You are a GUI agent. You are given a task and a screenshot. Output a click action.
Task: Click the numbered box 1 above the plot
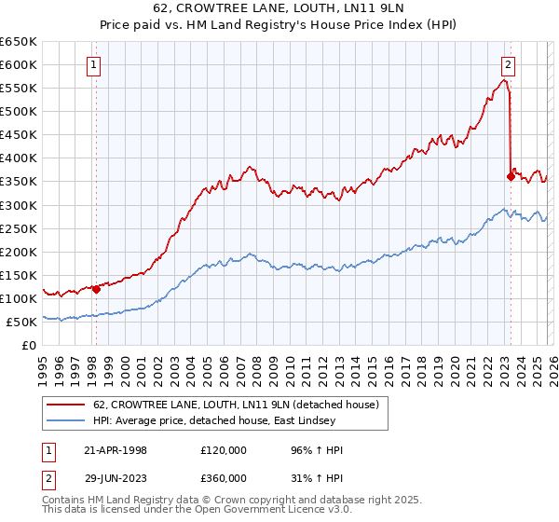pyautogui.click(x=96, y=65)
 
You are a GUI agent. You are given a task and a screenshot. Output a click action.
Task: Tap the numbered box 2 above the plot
pyautogui.click(x=509, y=65)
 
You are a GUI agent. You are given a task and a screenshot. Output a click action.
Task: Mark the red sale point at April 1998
pyautogui.click(x=96, y=289)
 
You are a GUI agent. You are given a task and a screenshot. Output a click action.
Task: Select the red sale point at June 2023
pyautogui.click(x=511, y=176)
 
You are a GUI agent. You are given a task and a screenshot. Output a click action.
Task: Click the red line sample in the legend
pyautogui.click(x=67, y=405)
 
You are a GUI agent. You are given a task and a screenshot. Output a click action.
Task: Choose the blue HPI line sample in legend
pyautogui.click(x=67, y=421)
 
